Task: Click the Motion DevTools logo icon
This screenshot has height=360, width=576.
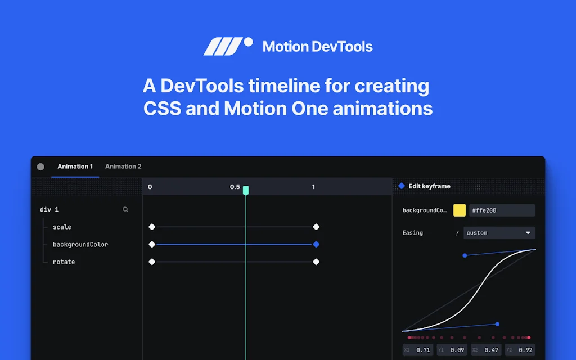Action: pyautogui.click(x=227, y=46)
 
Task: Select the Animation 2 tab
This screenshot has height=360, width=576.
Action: pyautogui.click(x=123, y=166)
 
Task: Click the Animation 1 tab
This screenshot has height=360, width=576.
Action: pyautogui.click(x=75, y=166)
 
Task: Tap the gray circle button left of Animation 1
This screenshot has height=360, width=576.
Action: pyautogui.click(x=40, y=166)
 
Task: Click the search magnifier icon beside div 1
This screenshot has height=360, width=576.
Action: pyautogui.click(x=125, y=209)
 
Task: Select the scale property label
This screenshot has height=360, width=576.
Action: pyautogui.click(x=62, y=227)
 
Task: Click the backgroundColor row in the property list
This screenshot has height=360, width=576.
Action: pyautogui.click(x=80, y=245)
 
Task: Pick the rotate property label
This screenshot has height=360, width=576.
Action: pyautogui.click(x=64, y=262)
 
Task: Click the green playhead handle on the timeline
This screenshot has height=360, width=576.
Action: pyautogui.click(x=246, y=190)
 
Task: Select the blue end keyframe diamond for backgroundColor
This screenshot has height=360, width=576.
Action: pyautogui.click(x=316, y=244)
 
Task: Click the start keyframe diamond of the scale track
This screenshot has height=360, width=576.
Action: pyautogui.click(x=152, y=227)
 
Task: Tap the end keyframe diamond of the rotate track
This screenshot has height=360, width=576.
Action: pyautogui.click(x=316, y=262)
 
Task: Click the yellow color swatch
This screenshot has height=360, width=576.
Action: pyautogui.click(x=460, y=210)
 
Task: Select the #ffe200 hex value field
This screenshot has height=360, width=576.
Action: pyautogui.click(x=502, y=210)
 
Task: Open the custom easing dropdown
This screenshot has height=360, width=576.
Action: pyautogui.click(x=499, y=233)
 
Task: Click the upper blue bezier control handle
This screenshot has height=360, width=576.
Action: pyautogui.click(x=465, y=255)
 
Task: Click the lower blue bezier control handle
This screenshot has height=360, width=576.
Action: pyautogui.click(x=497, y=324)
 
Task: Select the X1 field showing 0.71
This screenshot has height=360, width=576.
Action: pyautogui.click(x=418, y=350)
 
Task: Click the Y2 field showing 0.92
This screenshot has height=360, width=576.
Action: pyautogui.click(x=520, y=350)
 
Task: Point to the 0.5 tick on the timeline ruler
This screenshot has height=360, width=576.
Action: pyautogui.click(x=235, y=187)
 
